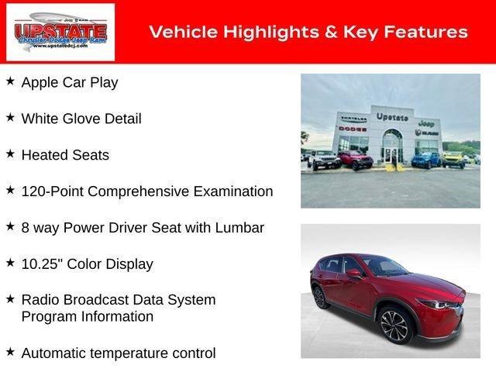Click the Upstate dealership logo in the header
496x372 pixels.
click(60, 32)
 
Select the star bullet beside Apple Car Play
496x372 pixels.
click(10, 81)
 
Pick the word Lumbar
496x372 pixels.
click(239, 228)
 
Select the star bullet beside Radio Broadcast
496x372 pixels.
click(10, 298)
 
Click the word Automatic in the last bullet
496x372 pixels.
click(55, 353)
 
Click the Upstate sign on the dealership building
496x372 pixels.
click(392, 117)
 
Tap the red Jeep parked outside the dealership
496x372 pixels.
click(355, 160)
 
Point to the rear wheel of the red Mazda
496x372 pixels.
click(319, 297)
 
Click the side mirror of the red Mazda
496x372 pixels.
click(353, 273)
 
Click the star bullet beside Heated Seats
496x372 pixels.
click(10, 153)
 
